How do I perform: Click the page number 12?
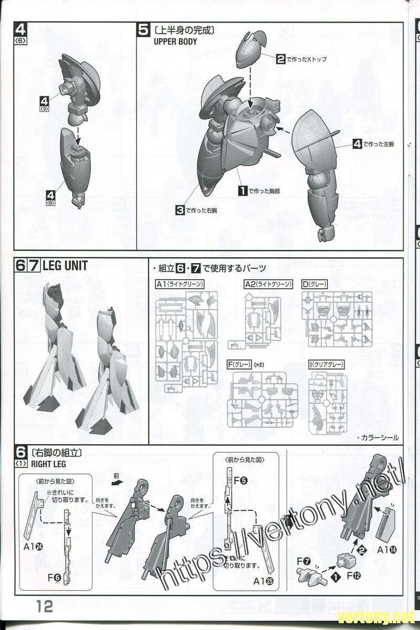click(x=45, y=606)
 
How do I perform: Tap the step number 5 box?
click(x=144, y=30)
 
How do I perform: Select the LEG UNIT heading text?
click(x=65, y=265)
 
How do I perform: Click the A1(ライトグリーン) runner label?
click(x=179, y=284)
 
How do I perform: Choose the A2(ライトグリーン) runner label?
click(x=268, y=284)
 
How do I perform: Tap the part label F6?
click(x=54, y=577)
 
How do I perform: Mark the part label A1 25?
click(x=262, y=581)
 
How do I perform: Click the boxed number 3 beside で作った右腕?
click(x=180, y=210)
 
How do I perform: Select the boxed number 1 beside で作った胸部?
click(x=243, y=191)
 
